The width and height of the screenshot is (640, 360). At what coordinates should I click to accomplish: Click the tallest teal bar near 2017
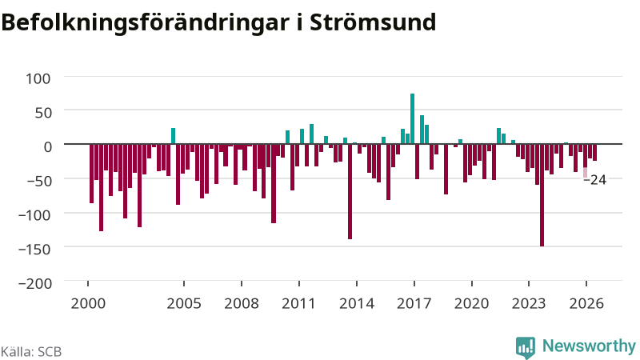point(412,118)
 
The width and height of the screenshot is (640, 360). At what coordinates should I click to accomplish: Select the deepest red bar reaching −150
point(542,195)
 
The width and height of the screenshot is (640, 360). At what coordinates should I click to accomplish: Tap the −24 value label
point(595,179)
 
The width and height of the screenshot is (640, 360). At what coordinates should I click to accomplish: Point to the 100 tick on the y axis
point(38,78)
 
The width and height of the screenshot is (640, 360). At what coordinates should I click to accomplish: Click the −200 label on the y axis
point(35,283)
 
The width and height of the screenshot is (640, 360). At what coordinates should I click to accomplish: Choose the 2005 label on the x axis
point(184,303)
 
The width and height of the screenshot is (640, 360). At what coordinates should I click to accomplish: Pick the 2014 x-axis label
point(357,303)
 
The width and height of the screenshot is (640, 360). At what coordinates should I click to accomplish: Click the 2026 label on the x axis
point(586,303)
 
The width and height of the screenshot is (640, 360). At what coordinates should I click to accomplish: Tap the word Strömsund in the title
point(373,22)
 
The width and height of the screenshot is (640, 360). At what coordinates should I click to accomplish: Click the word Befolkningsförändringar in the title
point(146,23)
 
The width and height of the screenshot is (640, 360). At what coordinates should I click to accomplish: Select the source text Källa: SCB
point(31,351)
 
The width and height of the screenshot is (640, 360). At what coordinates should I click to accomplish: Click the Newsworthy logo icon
point(526,348)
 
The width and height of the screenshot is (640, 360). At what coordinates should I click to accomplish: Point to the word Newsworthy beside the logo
point(589,346)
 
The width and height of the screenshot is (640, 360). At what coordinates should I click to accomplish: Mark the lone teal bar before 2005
point(173,136)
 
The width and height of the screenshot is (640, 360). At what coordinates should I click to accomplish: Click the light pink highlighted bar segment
point(586,173)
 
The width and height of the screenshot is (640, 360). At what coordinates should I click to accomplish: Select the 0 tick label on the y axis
point(47,146)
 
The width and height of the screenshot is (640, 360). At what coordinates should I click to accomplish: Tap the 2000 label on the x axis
point(88,303)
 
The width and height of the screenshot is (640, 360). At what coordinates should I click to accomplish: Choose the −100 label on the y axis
point(35,214)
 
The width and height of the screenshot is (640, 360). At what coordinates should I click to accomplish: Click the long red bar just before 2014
point(350,191)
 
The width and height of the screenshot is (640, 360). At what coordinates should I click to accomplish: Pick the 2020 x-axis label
point(471,303)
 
